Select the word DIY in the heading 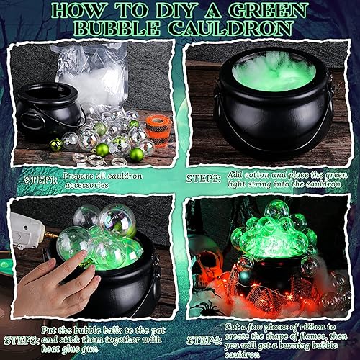click(179, 11)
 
